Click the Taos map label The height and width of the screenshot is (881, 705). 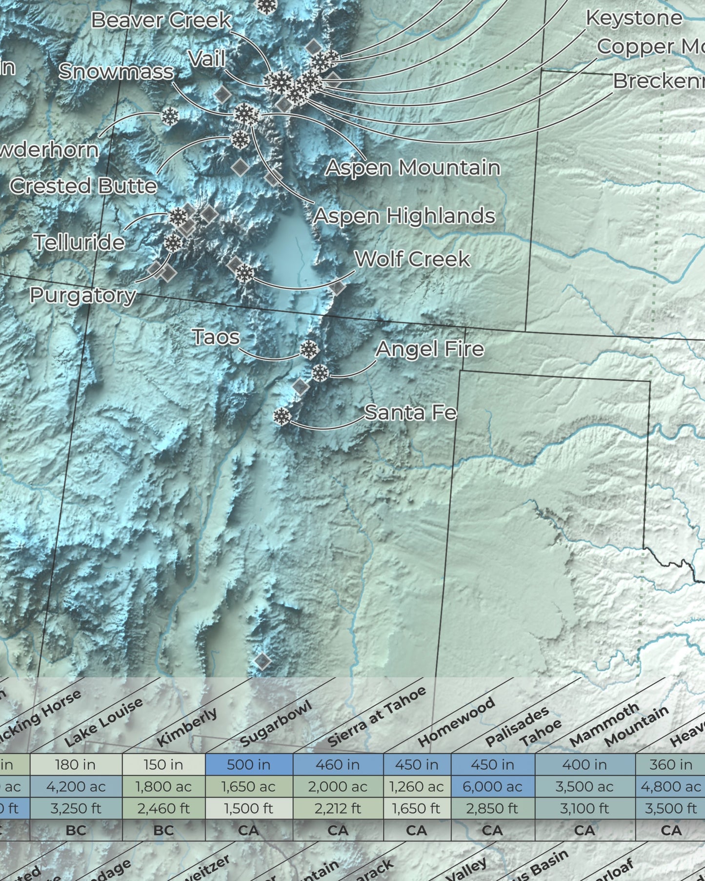point(216,337)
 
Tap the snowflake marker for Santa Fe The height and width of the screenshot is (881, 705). point(282,417)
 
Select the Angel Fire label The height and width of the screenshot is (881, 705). point(429,349)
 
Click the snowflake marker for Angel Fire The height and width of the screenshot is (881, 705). point(320,373)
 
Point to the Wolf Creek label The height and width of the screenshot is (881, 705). point(412,259)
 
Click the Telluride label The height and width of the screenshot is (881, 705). point(79,242)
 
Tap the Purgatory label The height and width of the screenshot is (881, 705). point(82,295)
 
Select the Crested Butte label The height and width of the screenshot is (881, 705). point(83,186)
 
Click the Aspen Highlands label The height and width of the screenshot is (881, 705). point(404,216)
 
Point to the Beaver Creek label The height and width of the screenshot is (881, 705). point(161,20)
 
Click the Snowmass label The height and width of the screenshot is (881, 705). point(116,72)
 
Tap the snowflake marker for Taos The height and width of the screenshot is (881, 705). point(309,350)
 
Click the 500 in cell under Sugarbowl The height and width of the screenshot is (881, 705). point(249,764)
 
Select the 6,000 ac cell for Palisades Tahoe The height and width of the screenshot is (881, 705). point(493,786)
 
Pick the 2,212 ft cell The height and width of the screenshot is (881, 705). point(338,808)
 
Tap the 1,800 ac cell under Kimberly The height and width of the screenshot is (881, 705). point(163,786)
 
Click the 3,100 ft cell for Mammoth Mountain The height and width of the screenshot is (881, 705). point(584,808)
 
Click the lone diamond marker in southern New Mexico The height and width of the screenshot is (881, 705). point(262,661)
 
